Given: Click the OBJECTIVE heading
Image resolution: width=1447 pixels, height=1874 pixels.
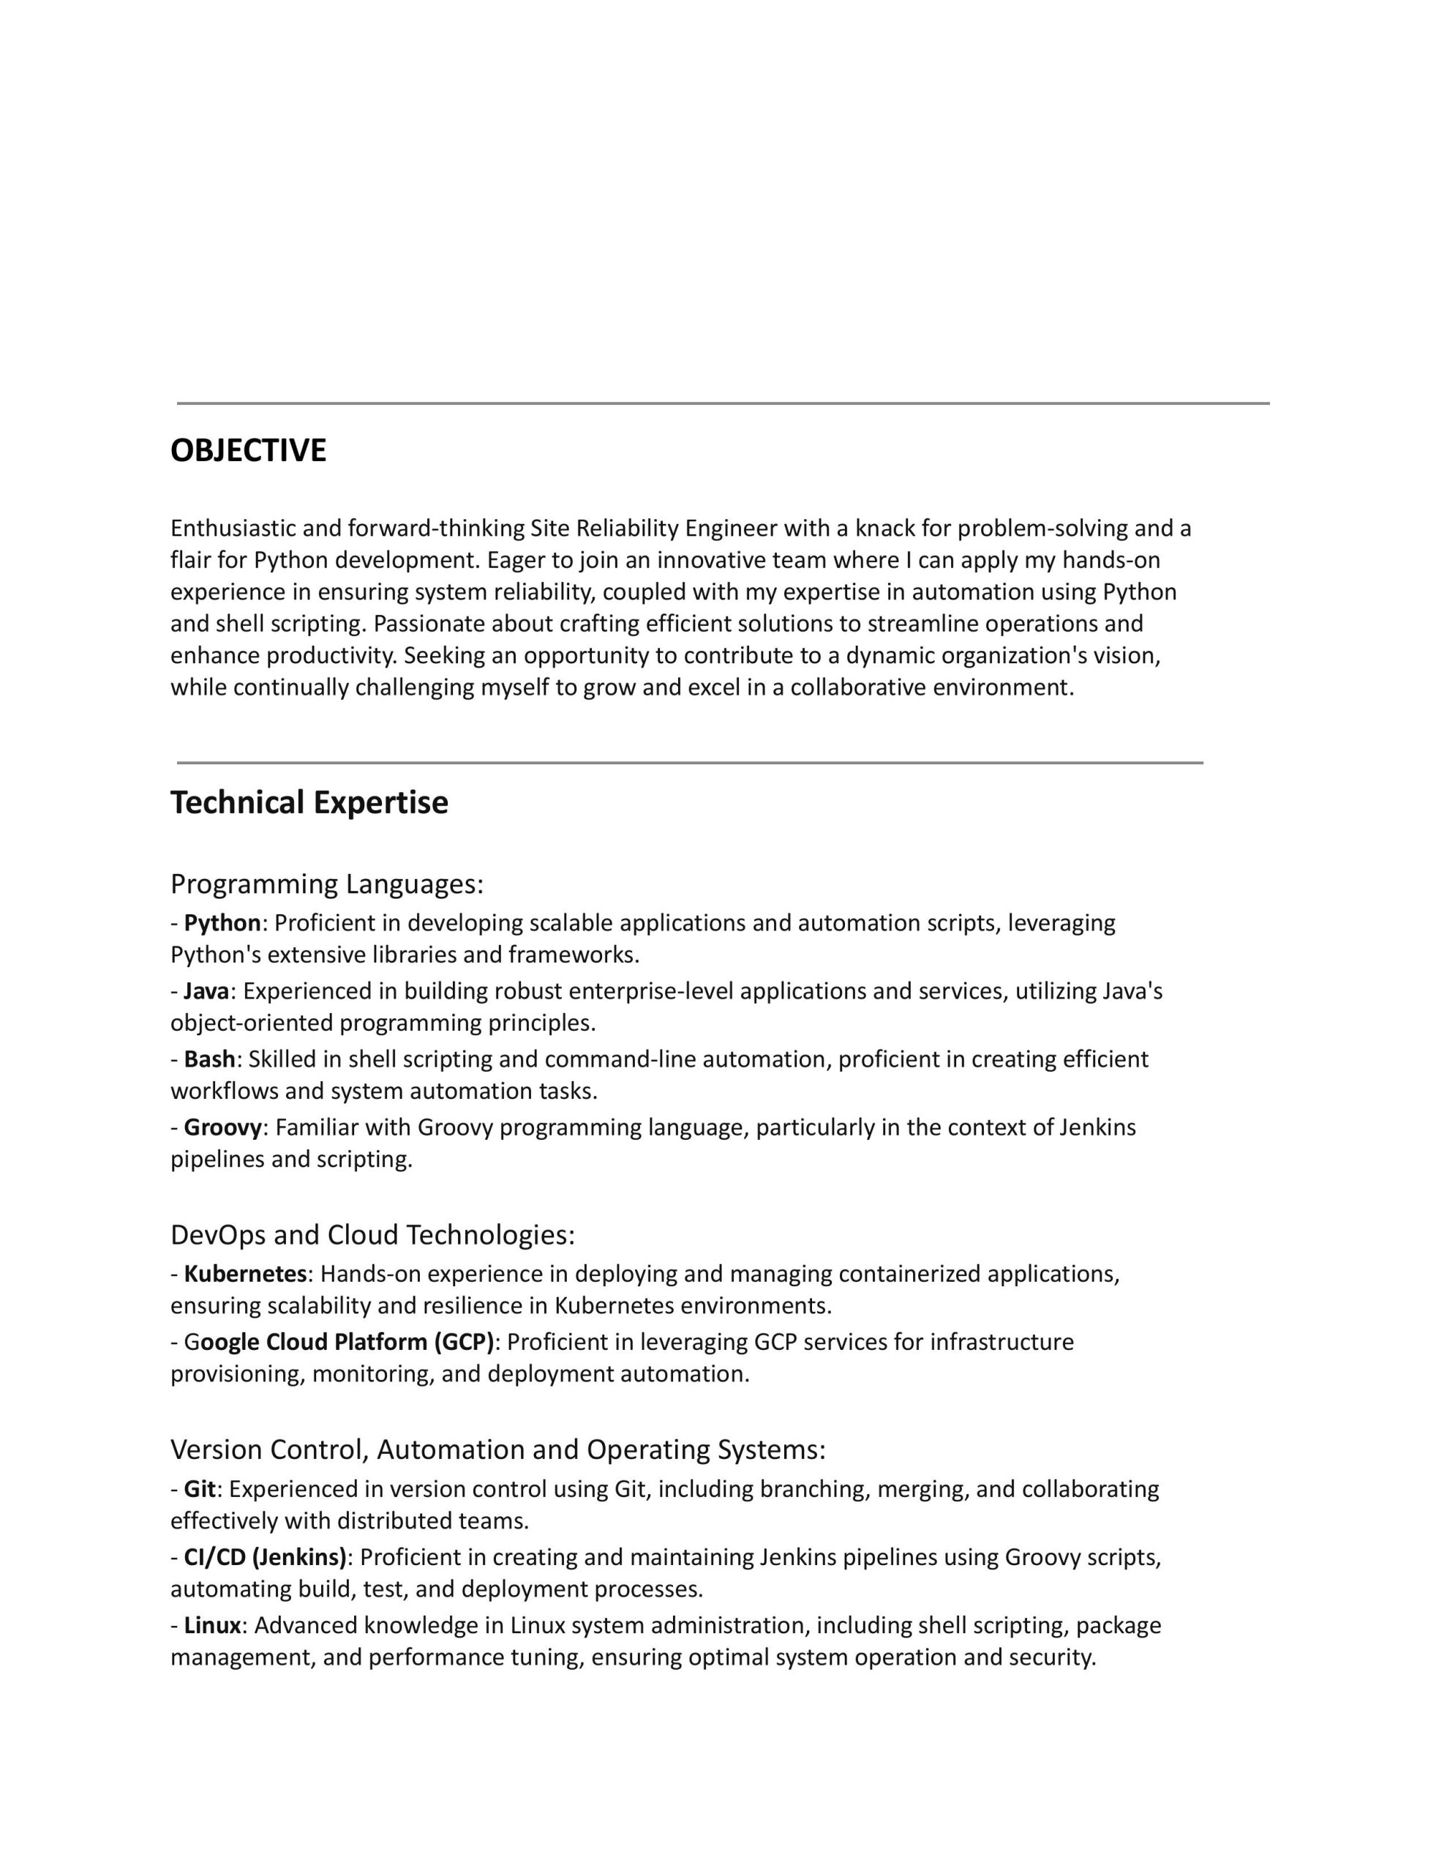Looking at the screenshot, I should tap(248, 450).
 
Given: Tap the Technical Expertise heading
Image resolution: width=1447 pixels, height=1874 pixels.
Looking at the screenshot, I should tap(309, 802).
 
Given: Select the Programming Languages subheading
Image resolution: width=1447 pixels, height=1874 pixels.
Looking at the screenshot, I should tap(327, 883).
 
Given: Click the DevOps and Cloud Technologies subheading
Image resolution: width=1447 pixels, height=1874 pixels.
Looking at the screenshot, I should tap(372, 1235).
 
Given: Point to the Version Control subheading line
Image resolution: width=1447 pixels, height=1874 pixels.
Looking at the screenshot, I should tap(497, 1449).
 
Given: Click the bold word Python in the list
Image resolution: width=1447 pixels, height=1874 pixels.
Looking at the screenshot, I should tap(222, 922).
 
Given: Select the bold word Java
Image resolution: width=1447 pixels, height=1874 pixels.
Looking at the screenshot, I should tap(206, 991).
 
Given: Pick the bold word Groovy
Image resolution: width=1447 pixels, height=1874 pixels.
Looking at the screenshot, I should tap(222, 1127).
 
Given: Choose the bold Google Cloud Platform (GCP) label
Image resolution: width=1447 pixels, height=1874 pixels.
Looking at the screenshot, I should tap(339, 1341).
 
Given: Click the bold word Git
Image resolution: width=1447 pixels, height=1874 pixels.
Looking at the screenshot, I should tap(199, 1489).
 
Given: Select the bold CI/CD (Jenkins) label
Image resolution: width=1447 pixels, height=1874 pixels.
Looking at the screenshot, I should tap(265, 1556).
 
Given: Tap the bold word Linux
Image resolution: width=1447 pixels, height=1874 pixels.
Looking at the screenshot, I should tap(212, 1625).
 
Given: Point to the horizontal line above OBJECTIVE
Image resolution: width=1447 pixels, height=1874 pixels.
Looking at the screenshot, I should tap(722, 403).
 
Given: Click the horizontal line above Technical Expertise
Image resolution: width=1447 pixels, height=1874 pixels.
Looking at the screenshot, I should tap(690, 762).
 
